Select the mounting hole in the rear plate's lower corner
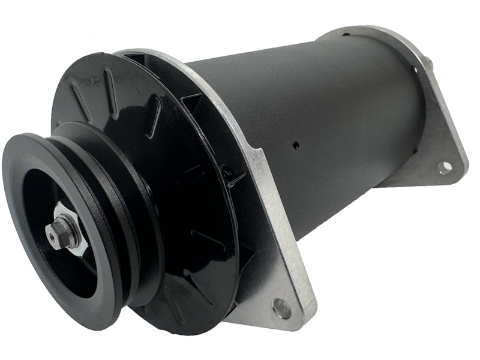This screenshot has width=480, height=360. [x=445, y=167]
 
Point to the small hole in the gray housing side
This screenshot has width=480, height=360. [x=296, y=145]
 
